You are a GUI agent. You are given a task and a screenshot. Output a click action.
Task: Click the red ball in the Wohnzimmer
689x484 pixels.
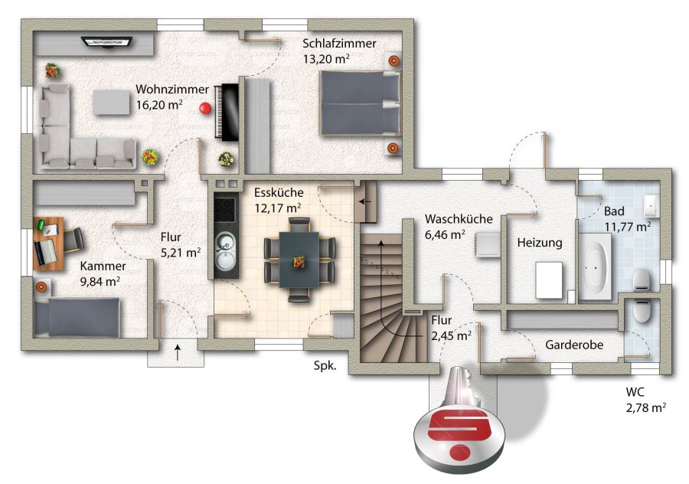point(205,108)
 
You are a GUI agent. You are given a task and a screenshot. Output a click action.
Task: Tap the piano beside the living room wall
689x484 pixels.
point(227,112)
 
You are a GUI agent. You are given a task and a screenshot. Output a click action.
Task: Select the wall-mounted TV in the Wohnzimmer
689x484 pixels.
point(108,42)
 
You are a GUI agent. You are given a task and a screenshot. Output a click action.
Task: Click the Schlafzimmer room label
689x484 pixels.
point(339,44)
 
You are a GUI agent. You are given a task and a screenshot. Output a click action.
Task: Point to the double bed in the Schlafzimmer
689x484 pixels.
point(361,103)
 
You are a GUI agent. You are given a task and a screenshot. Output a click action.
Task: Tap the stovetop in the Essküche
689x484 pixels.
point(226,211)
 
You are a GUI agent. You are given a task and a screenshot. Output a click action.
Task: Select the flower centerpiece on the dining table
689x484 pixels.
point(299,261)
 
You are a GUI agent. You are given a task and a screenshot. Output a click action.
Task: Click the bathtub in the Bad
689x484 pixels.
point(596,267)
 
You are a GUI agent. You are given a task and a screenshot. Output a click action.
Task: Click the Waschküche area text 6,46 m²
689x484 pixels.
point(445,235)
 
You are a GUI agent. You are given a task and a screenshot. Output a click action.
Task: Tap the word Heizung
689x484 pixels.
point(540,243)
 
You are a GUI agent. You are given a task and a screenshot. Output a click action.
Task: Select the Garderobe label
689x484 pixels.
point(574,345)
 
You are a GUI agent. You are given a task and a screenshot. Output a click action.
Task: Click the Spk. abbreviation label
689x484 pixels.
point(325,366)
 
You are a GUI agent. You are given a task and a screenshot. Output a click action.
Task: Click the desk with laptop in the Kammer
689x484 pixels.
point(48,244)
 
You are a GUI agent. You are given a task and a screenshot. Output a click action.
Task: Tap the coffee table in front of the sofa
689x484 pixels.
point(112,102)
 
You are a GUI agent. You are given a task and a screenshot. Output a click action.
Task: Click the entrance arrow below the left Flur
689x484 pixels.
point(178,352)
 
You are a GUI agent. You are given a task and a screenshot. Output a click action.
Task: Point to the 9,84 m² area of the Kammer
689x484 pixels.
point(100,281)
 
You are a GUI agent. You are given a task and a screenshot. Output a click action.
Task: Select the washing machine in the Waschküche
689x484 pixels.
point(487,244)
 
